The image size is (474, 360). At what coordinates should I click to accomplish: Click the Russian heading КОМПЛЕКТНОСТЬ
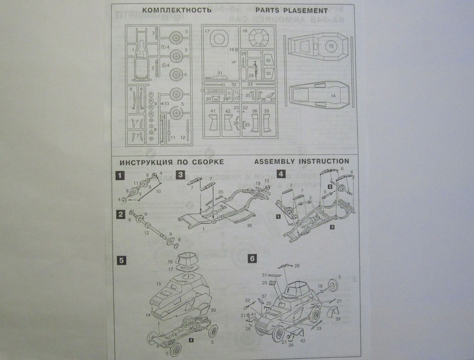coord(174,10)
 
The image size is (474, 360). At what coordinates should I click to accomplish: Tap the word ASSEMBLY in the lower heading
coord(276,161)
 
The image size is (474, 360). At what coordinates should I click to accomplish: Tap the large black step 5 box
coord(121,260)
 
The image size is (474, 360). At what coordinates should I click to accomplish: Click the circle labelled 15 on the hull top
coord(331,46)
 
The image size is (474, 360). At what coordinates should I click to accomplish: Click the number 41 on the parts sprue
coord(212,111)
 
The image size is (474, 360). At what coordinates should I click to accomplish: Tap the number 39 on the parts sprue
coord(266,111)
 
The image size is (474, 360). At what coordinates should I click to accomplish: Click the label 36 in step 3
coord(249,226)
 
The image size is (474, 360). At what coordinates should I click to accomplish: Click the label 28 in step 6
coord(297,266)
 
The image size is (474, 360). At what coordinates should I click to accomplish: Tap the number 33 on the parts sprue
coord(250,84)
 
